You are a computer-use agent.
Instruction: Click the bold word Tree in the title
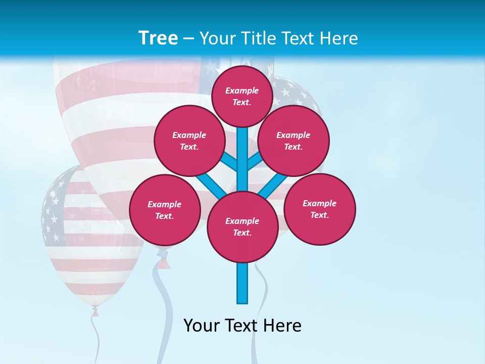point(158,38)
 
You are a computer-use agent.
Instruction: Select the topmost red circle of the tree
point(242,96)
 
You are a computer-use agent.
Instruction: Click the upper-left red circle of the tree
point(189,141)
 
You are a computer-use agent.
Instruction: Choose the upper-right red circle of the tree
point(294,141)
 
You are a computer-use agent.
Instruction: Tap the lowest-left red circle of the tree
point(165,210)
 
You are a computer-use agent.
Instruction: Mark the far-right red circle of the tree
point(320,209)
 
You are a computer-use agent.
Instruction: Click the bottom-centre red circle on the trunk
point(243,226)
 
